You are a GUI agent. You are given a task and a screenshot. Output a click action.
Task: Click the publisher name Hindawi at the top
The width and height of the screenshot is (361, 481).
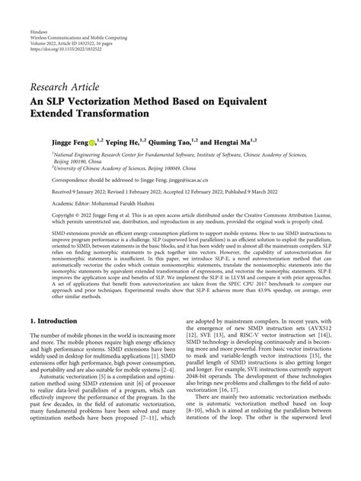pyautogui.click(x=38, y=33)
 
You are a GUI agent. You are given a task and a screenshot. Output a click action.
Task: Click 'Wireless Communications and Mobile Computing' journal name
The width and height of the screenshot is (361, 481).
pyautogui.click(x=79, y=39)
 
